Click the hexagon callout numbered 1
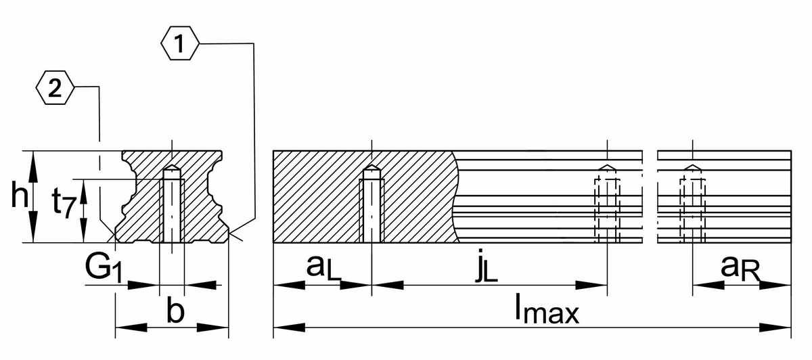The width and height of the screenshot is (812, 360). coord(179,44)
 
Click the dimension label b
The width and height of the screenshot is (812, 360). coord(175,313)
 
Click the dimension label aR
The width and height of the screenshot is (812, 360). coord(741,267)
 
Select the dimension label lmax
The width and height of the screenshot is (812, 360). coord(547,311)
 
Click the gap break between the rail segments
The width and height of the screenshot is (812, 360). coord(650,196)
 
